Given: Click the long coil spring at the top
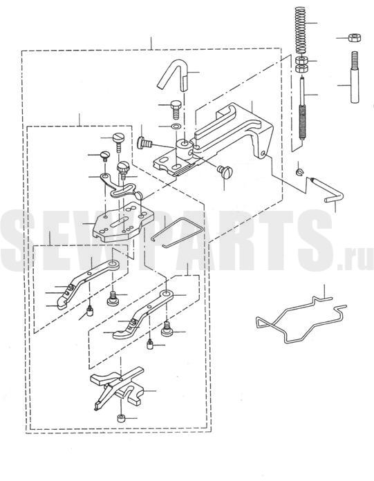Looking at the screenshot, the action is coord(301,30).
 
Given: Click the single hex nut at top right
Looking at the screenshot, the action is coord(355,38).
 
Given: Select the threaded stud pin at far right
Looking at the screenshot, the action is coord(355,77).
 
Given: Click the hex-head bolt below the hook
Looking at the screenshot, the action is coord(176,109).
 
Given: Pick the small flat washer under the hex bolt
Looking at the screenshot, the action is coord(176,126).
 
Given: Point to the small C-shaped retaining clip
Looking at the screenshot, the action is coord(299,172).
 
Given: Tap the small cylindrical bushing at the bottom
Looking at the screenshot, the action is coord(121,418).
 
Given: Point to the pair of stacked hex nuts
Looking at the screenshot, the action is coord(301,64).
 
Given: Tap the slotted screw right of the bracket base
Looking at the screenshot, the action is coord(225,171).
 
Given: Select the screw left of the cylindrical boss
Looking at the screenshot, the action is coord(144,143).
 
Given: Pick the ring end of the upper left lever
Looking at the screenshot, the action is coord(113,265).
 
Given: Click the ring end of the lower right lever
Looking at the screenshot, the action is coord(167,295).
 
